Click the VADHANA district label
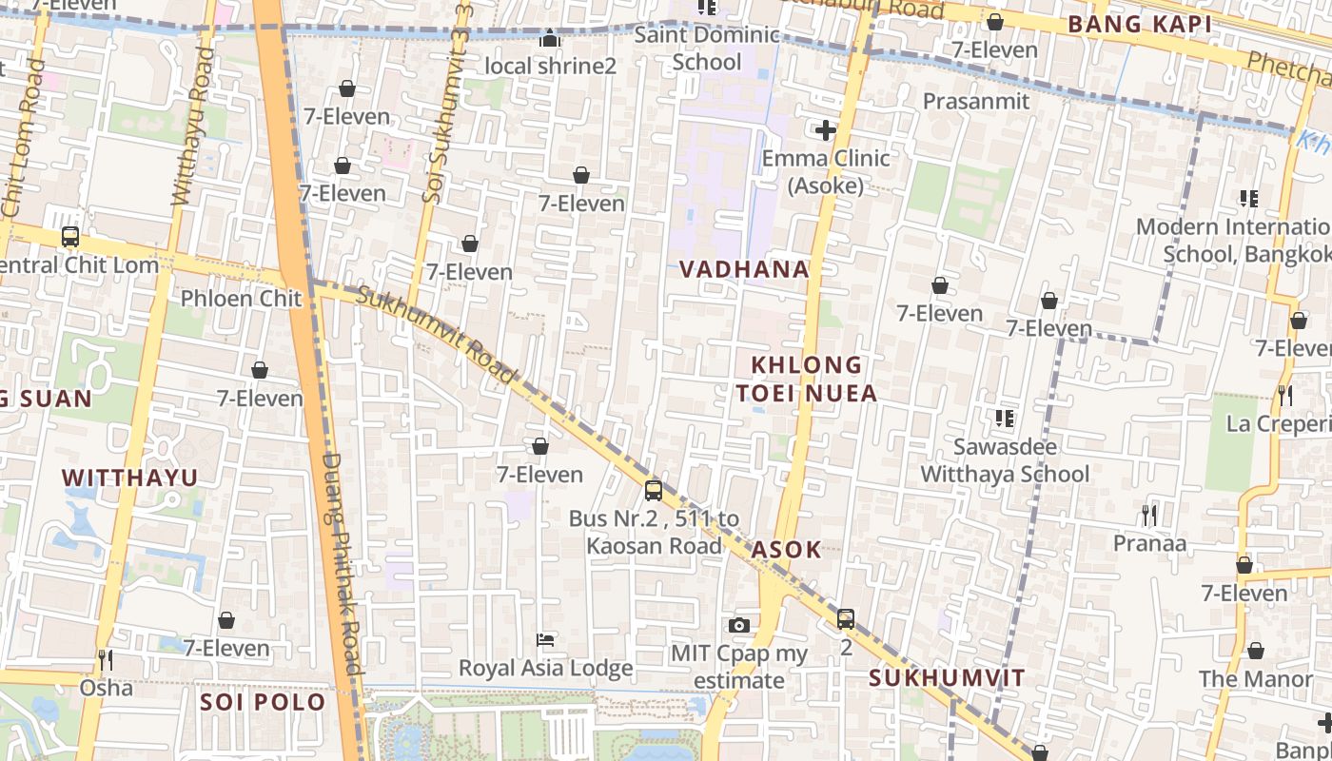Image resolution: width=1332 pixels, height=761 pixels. click(744, 269)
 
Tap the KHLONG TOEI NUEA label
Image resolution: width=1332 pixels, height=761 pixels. click(807, 379)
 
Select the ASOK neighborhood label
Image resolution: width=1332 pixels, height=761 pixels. click(786, 550)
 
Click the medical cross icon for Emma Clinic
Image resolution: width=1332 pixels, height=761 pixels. click(825, 130)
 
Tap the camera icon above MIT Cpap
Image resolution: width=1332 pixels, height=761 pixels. click(738, 625)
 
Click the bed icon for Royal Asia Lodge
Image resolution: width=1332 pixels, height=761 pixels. click(545, 639)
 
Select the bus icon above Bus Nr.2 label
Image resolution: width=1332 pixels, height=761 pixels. click(653, 491)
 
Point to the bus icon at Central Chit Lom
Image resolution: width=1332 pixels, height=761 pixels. click(69, 237)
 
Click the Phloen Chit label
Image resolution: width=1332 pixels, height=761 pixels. click(241, 298)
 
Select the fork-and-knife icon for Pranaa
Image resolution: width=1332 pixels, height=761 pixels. click(1149, 516)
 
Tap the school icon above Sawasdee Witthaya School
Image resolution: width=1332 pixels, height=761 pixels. click(1004, 418)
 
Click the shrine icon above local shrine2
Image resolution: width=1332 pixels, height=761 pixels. click(550, 38)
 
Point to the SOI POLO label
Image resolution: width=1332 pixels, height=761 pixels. click(263, 703)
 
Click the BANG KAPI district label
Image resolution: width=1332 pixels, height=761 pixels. click(1140, 25)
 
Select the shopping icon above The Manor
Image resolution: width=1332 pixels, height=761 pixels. click(1255, 652)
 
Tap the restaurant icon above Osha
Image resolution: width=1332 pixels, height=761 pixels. click(106, 659)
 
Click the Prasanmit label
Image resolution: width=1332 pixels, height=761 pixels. click(976, 101)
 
